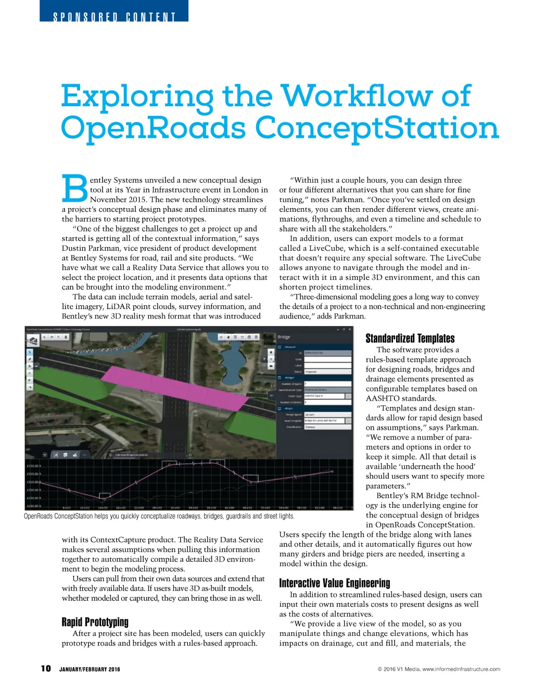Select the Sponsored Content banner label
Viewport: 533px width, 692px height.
click(114, 17)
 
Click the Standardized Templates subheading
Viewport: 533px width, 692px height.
click(410, 338)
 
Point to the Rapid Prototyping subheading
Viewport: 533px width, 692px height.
click(95, 622)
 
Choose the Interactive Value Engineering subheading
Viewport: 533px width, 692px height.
click(335, 583)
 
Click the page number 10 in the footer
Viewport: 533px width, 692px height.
click(46, 669)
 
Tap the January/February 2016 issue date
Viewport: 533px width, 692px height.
click(90, 670)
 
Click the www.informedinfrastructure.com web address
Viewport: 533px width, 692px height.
click(461, 669)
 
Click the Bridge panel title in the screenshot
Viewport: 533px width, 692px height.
click(284, 337)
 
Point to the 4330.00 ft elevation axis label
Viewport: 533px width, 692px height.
click(33, 466)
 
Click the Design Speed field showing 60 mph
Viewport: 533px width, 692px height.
click(327, 415)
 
